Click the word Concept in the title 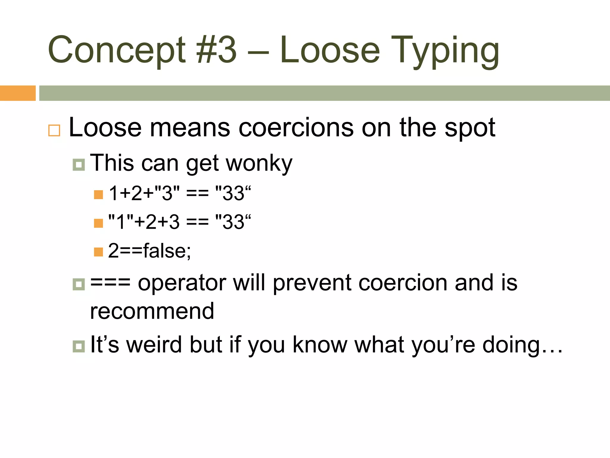click(116, 50)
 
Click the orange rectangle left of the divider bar click(18, 93)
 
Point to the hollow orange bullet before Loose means click(54, 131)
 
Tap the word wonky click(259, 163)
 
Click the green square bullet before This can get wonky click(79, 165)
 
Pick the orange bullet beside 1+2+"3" click(98, 194)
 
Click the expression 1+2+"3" click(144, 193)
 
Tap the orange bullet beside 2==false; click(98, 252)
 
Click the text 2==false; click(149, 250)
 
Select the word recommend click(152, 311)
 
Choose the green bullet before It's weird click(79, 346)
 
